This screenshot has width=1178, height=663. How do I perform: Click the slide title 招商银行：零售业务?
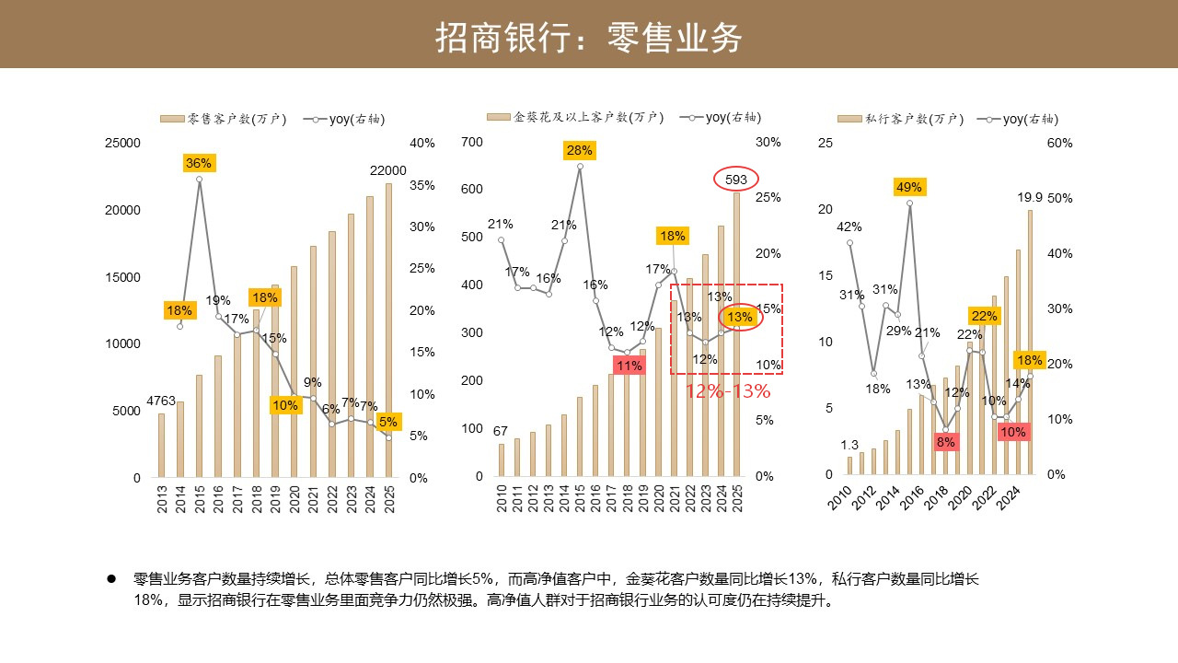pyautogui.click(x=588, y=38)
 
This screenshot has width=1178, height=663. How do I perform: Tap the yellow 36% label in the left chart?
pyautogui.click(x=199, y=163)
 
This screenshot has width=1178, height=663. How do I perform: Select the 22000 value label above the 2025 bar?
pyautogui.click(x=388, y=170)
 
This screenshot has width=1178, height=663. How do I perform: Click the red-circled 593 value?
pyautogui.click(x=735, y=180)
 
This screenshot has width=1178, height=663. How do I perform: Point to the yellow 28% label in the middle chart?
pyautogui.click(x=580, y=150)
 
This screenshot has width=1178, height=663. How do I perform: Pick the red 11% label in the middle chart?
pyautogui.click(x=629, y=366)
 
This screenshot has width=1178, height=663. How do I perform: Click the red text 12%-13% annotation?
pyautogui.click(x=728, y=391)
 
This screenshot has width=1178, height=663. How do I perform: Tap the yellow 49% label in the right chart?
pyautogui.click(x=909, y=187)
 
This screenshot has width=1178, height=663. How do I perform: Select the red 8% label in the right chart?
pyautogui.click(x=945, y=442)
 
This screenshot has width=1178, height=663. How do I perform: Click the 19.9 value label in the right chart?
pyautogui.click(x=1029, y=197)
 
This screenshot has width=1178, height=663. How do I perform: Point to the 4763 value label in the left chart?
pyautogui.click(x=161, y=401)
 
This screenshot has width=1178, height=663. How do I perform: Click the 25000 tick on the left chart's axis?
pyautogui.click(x=122, y=143)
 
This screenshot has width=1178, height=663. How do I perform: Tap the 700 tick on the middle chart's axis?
pyautogui.click(x=472, y=142)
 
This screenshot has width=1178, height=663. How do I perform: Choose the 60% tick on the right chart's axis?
pyautogui.click(x=1059, y=143)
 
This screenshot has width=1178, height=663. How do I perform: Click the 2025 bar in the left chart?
pyautogui.click(x=388, y=331)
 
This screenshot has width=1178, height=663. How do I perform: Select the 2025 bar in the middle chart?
pyautogui.click(x=737, y=334)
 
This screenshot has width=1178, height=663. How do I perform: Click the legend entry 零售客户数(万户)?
pyautogui.click(x=224, y=119)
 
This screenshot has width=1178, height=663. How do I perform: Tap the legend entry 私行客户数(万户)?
pyautogui.click(x=900, y=119)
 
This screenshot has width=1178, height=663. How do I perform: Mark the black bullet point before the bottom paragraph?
pyautogui.click(x=111, y=579)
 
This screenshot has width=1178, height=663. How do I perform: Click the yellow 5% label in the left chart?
pyautogui.click(x=388, y=422)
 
